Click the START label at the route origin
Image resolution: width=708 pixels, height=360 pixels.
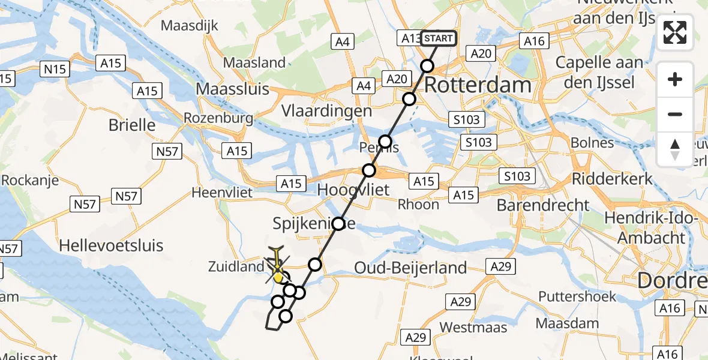tap(438, 39)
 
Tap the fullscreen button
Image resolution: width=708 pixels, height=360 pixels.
tap(675, 32)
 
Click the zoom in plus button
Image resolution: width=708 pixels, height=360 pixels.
tap(675, 80)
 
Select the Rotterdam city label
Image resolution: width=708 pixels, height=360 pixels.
tap(478, 85)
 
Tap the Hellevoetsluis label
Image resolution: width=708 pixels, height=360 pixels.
tap(112, 245)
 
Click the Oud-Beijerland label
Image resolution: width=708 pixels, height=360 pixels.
tap(411, 268)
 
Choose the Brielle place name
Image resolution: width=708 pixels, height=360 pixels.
tap(132, 125)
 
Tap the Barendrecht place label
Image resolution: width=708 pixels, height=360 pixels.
tap(543, 205)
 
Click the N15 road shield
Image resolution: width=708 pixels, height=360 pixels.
tap(55, 70)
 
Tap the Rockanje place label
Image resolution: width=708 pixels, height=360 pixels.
tap(30, 179)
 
